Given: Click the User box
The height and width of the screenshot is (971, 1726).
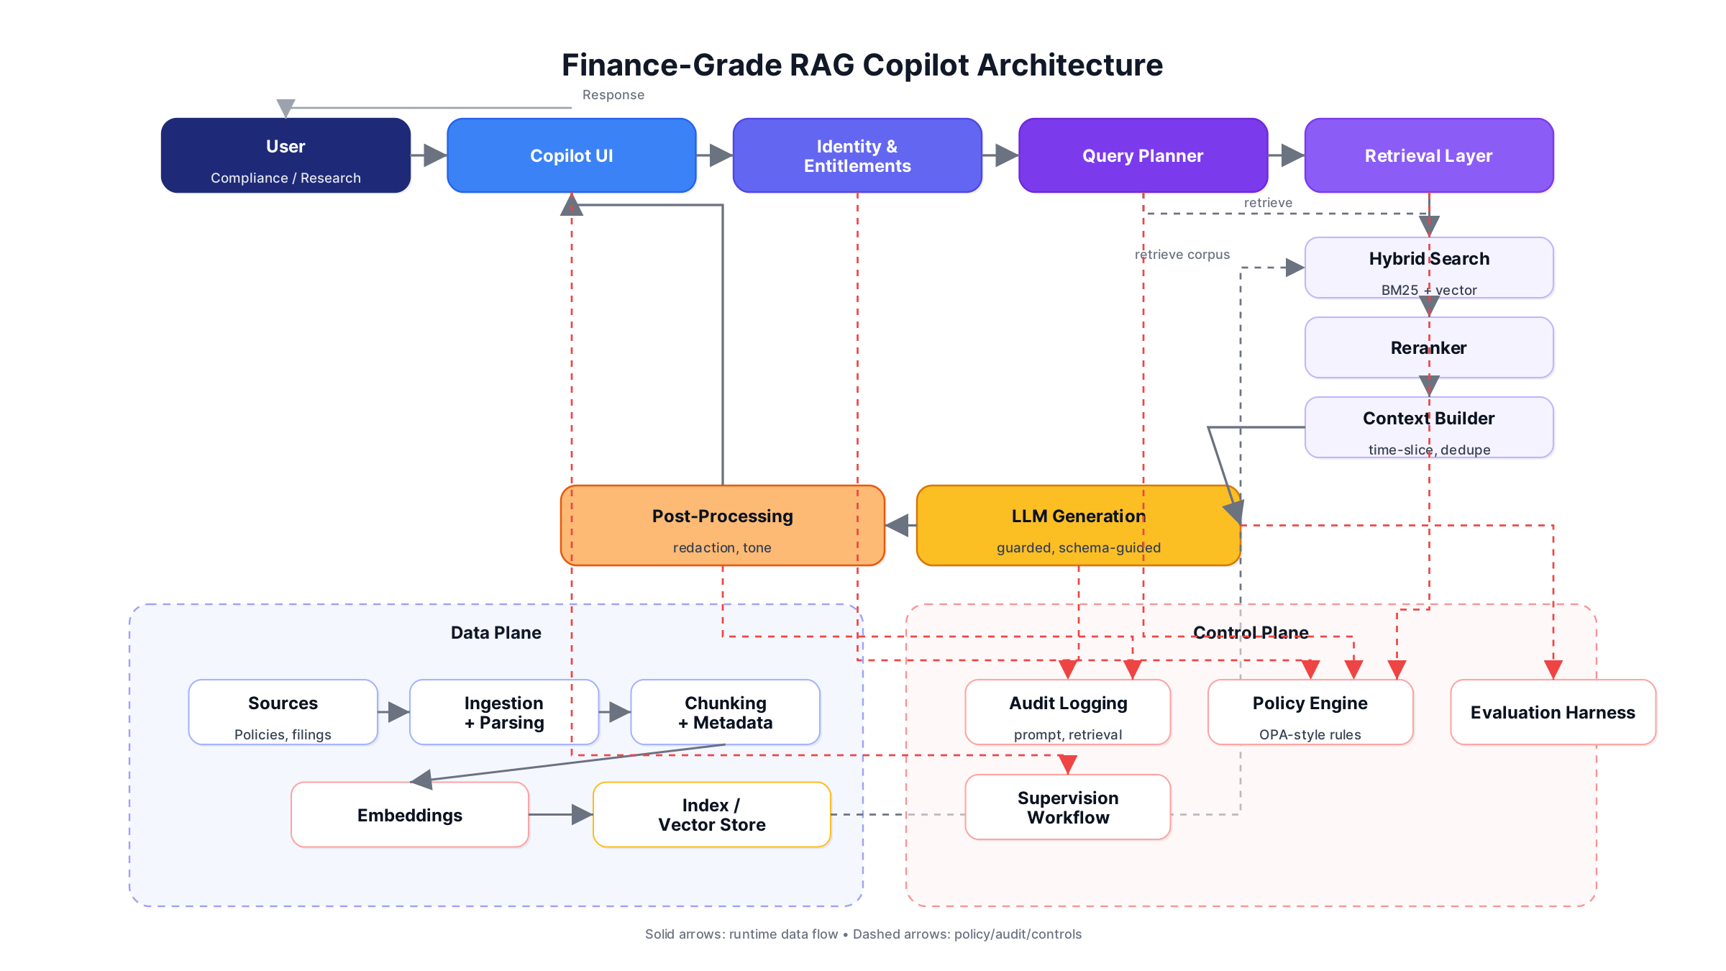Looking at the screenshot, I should pos(286,155).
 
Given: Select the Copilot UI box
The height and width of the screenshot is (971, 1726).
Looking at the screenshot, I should pos(571,155).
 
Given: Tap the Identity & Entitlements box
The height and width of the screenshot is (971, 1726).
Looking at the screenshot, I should pos(857,155).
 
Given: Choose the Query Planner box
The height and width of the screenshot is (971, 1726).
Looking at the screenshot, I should pos(1143,155).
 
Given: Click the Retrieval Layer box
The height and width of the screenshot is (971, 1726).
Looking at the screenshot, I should pos(1428,155).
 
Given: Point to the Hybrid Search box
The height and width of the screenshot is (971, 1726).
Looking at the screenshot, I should pos(1428,268).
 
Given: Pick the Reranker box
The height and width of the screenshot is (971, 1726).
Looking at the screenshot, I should pos(1428,347).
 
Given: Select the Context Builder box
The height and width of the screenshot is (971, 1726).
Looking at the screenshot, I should pos(1428,427).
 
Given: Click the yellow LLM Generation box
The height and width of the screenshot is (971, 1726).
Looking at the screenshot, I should pos(1078,526).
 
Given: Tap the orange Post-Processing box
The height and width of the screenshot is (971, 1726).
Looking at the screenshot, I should pos(722,526).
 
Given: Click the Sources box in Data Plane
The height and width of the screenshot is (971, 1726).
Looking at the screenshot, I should pos(283,712).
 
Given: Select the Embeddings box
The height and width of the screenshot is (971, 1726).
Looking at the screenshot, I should pos(409,815).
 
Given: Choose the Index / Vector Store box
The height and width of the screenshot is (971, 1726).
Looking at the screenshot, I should pos(711,815).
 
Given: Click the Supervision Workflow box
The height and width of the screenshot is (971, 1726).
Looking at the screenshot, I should pos(1067,807).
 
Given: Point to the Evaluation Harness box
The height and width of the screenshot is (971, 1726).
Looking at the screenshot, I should pos(1553,712).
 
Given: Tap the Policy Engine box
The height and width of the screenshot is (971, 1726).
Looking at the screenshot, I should pos(1310,712).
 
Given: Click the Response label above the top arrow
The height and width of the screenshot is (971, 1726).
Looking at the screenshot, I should pos(613,95).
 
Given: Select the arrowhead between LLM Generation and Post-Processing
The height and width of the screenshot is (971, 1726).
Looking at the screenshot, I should pos(898,526).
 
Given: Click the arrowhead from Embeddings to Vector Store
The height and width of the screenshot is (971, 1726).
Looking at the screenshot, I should pos(582,815).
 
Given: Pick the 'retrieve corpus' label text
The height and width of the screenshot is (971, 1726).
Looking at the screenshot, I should pos(1182,255).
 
